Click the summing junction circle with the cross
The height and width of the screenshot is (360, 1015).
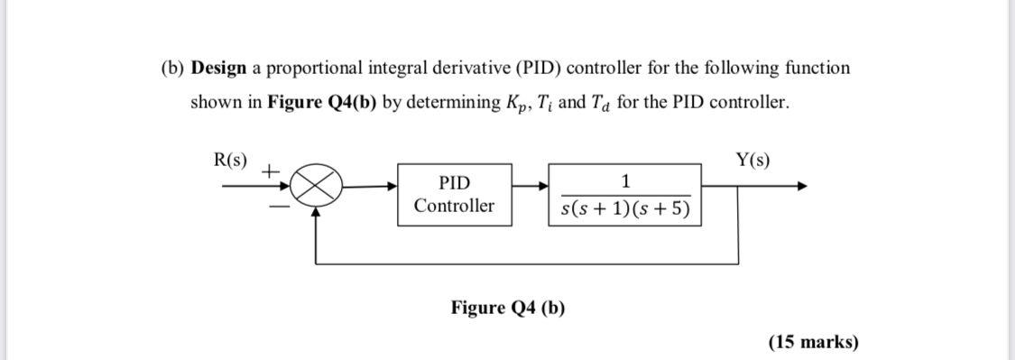pos(314,188)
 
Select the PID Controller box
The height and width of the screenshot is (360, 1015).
pos(455,194)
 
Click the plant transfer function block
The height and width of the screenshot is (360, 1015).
pos(624,194)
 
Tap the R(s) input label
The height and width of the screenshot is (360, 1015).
pos(231,161)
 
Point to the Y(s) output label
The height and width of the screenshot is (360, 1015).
pos(752,161)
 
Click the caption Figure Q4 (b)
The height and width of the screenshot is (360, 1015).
pos(508,308)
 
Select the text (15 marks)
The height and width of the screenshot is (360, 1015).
pos(813,341)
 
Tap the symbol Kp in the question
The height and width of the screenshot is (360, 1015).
pos(517,103)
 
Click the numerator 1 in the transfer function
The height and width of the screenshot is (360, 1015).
pos(624,180)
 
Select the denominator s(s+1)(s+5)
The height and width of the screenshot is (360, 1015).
pos(624,210)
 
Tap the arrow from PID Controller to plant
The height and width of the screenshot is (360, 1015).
pos(532,187)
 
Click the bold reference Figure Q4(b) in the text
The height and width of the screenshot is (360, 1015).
pos(322,103)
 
